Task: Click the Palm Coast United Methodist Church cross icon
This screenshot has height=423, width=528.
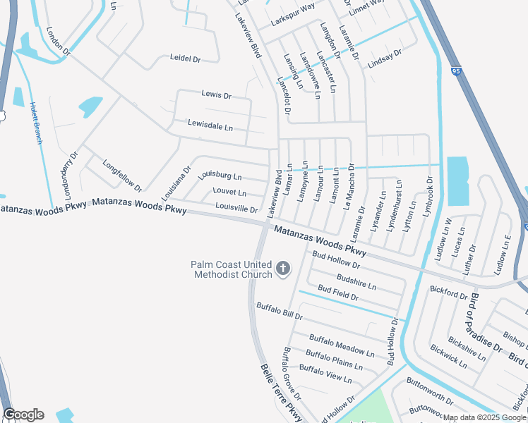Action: click(283, 269)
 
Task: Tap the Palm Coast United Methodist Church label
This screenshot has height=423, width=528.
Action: click(231, 269)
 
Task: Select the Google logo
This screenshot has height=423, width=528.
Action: click(23, 415)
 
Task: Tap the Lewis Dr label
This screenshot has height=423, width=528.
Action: click(216, 94)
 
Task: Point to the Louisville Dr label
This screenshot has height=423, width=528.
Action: click(236, 209)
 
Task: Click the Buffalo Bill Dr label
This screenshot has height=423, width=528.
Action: click(279, 311)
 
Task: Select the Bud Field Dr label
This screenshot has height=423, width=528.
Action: click(337, 293)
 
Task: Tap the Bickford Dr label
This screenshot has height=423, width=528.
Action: click(448, 293)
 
